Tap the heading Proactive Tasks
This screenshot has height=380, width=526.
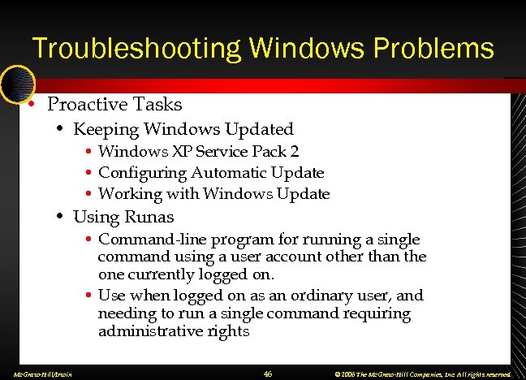[114, 105]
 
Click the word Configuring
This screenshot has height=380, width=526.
[143, 173]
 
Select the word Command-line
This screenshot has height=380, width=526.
[141, 240]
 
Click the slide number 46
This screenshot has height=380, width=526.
[269, 374]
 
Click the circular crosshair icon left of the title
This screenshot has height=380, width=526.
[16, 81]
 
